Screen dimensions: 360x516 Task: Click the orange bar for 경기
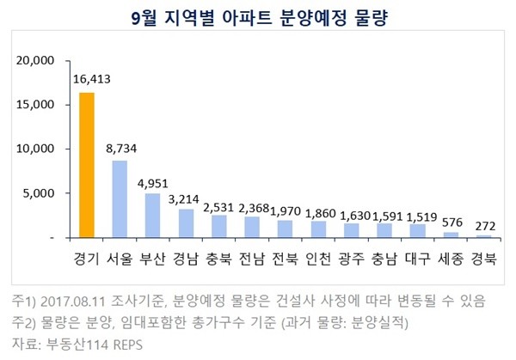87,165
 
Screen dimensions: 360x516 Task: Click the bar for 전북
285,229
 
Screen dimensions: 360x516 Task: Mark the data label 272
483,223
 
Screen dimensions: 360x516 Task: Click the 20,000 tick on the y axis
36,61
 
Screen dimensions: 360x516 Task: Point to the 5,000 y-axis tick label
40,193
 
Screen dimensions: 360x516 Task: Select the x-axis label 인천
317,259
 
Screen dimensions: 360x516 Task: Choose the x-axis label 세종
450,259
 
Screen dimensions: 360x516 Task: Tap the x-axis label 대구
417,259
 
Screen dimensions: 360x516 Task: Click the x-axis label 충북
218,259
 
